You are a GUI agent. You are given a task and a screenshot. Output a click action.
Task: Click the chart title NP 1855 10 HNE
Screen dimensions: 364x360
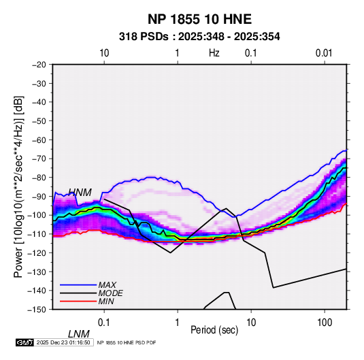coord(199,19)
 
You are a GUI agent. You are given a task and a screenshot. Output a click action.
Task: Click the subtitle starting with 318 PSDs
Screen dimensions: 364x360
coord(199,37)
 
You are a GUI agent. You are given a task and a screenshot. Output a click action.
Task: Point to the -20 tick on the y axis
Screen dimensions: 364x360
coord(39,65)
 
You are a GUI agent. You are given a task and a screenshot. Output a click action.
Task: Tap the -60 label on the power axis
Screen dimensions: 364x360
coord(39,140)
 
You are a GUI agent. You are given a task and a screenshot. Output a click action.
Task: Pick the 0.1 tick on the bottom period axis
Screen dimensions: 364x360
coord(104,323)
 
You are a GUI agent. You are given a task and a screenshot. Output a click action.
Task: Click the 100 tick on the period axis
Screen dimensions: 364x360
coord(325,323)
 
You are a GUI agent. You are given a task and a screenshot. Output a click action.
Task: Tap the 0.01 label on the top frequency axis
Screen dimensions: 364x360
coord(324,53)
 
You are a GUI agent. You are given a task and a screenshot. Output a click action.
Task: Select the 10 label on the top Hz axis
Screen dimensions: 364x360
coord(104,53)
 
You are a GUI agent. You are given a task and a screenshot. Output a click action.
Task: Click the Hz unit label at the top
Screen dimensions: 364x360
coord(214,53)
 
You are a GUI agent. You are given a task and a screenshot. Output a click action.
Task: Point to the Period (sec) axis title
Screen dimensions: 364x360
coord(214,330)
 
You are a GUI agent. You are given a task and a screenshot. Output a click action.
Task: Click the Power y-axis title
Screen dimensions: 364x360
coord(18,187)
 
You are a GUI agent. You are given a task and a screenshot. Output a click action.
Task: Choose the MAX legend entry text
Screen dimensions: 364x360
coord(107,285)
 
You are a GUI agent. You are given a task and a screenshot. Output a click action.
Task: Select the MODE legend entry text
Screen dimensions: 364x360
coord(110,293)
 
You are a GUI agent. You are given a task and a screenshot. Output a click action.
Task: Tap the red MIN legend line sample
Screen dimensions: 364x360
coord(78,301)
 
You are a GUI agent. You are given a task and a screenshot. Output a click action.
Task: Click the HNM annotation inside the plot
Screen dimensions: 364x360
coord(80,193)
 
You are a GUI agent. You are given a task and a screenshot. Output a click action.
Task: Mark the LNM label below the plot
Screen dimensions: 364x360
coord(78,334)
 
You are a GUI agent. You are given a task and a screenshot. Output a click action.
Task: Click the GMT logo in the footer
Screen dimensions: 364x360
coord(25,342)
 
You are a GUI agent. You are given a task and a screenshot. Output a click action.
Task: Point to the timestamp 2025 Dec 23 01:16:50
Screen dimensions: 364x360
coord(63,342)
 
